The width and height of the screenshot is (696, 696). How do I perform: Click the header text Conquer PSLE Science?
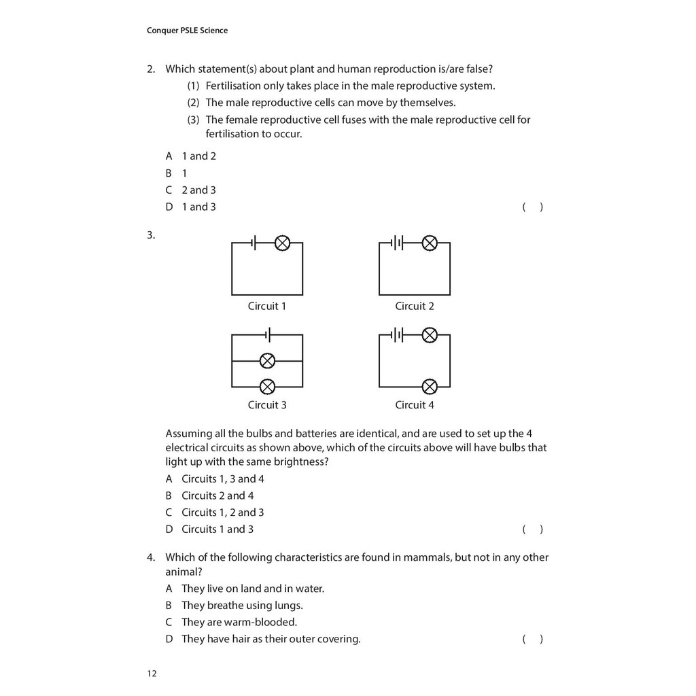point(187,30)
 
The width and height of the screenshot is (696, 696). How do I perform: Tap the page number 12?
point(151,674)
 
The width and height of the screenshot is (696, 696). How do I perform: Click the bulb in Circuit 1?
point(283,243)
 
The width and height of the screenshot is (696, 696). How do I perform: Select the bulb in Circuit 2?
point(430,243)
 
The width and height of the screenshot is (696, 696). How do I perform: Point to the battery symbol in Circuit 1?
point(254,243)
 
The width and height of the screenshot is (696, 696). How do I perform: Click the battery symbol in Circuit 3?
point(268,335)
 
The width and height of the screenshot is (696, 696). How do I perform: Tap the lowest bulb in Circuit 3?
point(268,387)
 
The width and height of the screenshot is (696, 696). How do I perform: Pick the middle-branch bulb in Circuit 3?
point(268,361)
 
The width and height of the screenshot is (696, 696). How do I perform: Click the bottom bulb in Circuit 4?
point(430,387)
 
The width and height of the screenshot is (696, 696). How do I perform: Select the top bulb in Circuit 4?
point(430,335)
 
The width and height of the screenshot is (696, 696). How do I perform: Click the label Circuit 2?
point(415,306)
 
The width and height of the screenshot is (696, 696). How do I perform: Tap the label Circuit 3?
point(267,405)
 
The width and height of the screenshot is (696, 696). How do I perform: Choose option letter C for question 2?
point(169,190)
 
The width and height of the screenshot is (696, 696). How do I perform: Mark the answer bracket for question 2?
point(532,207)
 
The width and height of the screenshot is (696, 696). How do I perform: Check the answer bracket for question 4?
point(532,639)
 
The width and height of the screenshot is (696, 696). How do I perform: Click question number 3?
point(151,236)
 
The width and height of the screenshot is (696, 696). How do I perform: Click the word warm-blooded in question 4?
point(262,622)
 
